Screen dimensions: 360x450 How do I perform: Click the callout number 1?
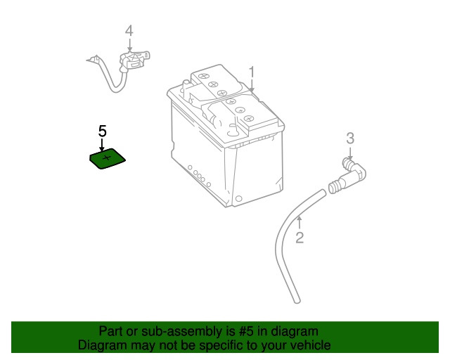[x=251, y=72]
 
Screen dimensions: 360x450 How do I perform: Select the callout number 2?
[x=300, y=238]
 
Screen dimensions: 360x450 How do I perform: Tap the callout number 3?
[x=349, y=139]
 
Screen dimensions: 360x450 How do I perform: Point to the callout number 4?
[x=129, y=31]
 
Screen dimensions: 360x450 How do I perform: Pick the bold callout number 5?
[x=102, y=131]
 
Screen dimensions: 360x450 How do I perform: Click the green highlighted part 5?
[x=108, y=160]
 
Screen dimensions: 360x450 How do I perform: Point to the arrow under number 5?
[x=102, y=145]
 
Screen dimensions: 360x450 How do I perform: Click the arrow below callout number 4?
[x=129, y=45]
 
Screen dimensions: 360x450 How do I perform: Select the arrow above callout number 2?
[x=300, y=223]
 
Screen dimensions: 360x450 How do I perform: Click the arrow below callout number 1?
[x=251, y=86]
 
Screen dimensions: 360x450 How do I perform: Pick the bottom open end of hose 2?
[x=296, y=300]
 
